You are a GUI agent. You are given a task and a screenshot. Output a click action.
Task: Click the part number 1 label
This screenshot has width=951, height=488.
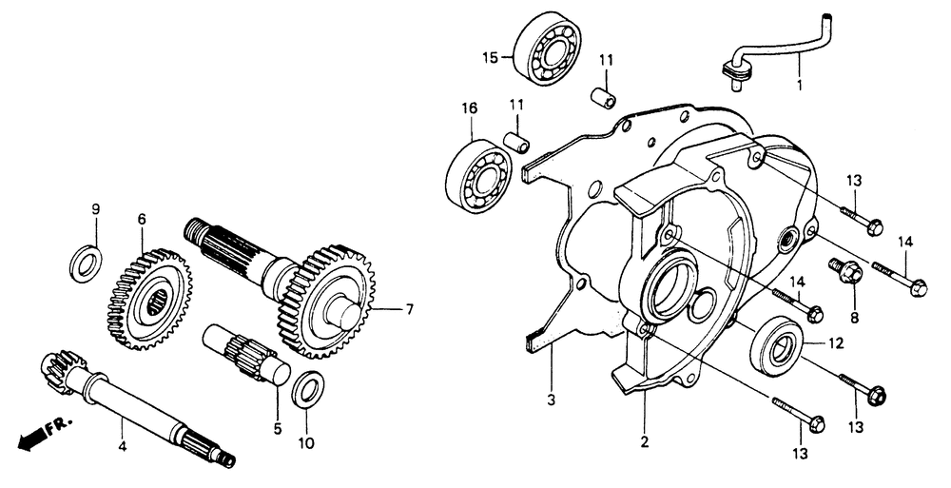click(799, 85)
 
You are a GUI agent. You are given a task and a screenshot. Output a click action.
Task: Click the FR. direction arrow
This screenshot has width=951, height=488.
click(38, 437)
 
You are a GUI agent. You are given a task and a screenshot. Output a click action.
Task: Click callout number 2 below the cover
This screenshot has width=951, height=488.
click(644, 440)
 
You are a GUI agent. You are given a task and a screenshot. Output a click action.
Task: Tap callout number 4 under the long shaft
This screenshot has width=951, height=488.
click(122, 445)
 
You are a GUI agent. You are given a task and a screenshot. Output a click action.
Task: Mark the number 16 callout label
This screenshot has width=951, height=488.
click(468, 108)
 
